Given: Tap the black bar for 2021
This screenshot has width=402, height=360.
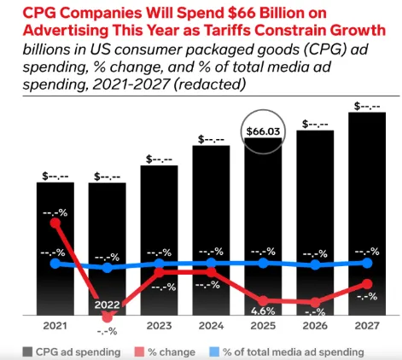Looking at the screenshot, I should tap(55, 247).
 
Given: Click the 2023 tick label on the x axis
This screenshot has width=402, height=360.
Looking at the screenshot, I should tap(159, 326).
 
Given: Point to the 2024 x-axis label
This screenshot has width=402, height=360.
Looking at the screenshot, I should tap(211, 326).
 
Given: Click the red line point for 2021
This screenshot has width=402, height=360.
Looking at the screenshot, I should tap(55, 223).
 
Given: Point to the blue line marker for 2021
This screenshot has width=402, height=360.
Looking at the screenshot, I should tap(55, 264).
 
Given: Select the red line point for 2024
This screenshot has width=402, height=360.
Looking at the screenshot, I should tap(211, 271).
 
